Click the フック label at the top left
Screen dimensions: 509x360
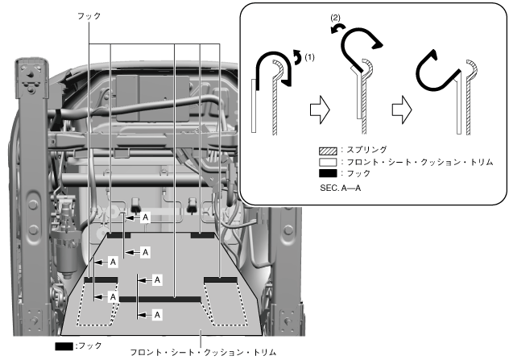point(89,15)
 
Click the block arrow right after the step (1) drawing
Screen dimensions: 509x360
point(320,112)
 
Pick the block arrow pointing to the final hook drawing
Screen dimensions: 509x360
point(399,112)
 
